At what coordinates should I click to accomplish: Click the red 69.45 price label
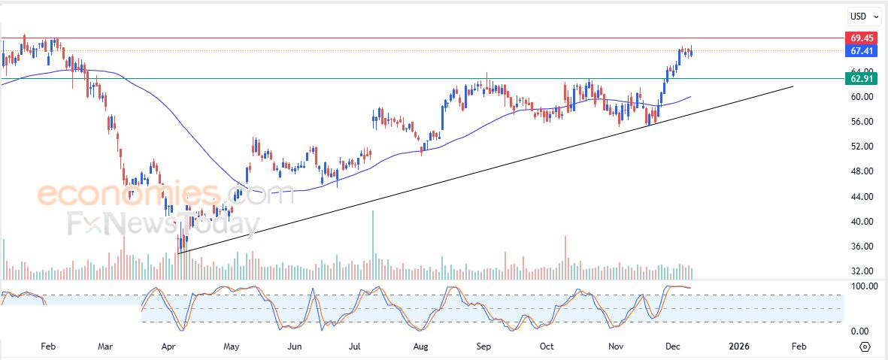tap(861, 38)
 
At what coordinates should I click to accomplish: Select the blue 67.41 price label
tap(861, 51)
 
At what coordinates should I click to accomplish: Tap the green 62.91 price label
tap(861, 78)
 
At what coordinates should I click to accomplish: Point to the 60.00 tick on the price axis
tap(861, 96)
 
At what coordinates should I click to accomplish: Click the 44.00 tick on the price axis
tap(861, 196)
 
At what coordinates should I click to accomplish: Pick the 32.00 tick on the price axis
tap(861, 271)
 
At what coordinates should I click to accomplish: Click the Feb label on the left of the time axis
tap(48, 346)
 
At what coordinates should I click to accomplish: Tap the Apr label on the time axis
tap(168, 346)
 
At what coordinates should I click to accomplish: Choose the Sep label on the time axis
tap(483, 346)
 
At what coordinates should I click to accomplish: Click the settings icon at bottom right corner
tap(865, 346)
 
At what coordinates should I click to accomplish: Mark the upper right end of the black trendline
tap(793, 87)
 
